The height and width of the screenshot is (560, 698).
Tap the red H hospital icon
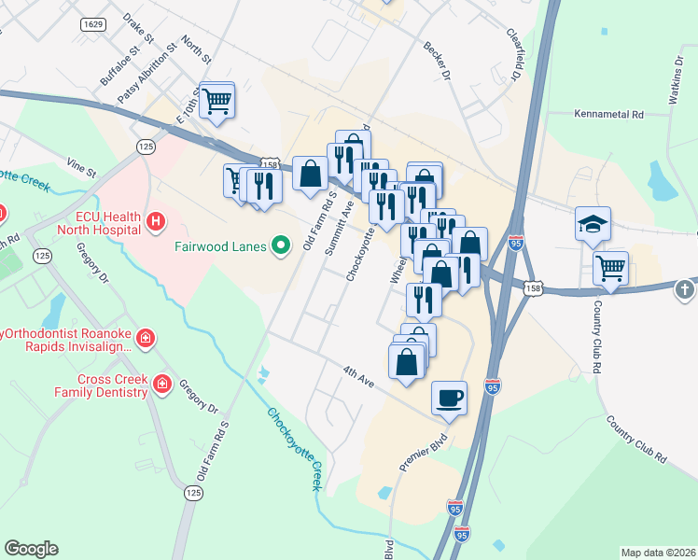[x=156, y=222]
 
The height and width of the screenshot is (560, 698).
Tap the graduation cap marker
[x=593, y=225]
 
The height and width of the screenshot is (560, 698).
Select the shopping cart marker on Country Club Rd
[x=610, y=269]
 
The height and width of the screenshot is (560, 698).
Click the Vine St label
[x=80, y=167]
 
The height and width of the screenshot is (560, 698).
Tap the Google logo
[x=31, y=549]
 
